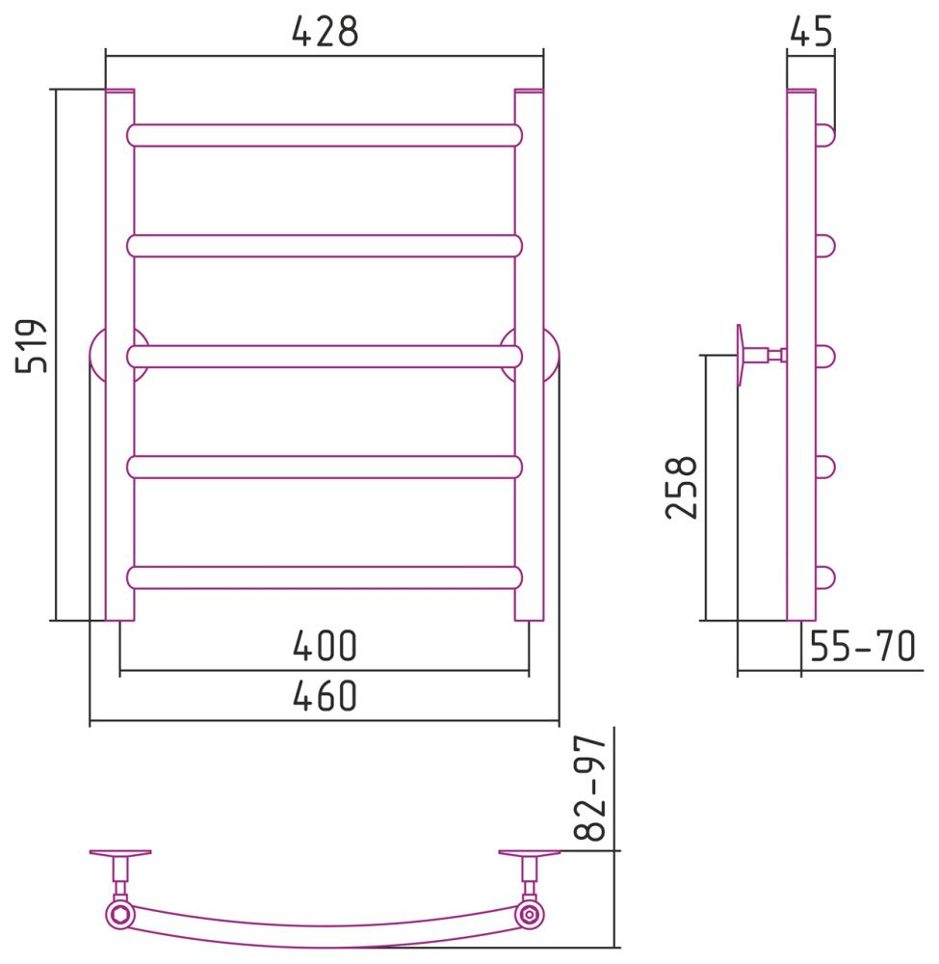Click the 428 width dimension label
[x=325, y=32]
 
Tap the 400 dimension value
[x=325, y=646]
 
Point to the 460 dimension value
[x=325, y=695]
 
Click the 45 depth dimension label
[x=811, y=32]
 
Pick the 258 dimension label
[x=682, y=488]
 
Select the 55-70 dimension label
[x=862, y=646]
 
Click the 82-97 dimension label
[x=590, y=789]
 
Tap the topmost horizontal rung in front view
[x=325, y=135]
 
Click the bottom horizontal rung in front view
[x=325, y=577]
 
